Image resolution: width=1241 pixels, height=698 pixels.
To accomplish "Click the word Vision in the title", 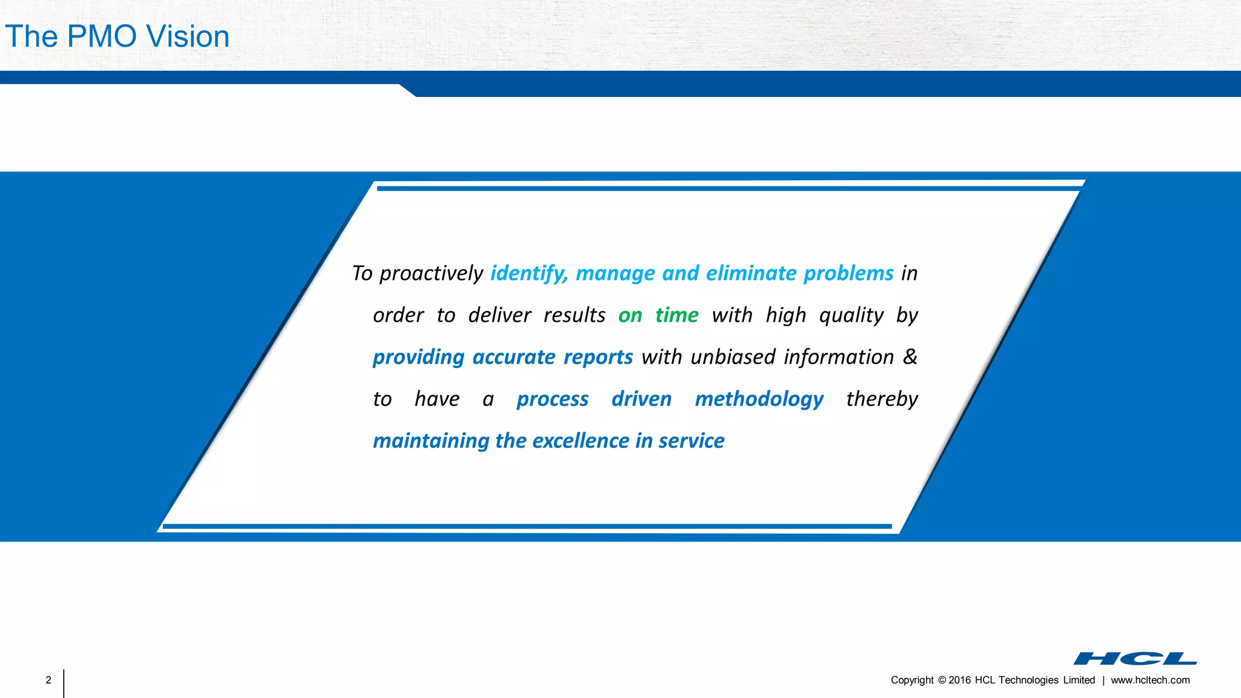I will (188, 36).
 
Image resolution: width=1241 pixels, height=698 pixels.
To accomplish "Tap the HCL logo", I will (1135, 659).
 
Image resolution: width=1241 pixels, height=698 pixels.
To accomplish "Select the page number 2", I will (48, 680).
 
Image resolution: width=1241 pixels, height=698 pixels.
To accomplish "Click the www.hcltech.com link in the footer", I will (1150, 680).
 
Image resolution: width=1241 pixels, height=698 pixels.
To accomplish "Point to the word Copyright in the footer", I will (912, 680).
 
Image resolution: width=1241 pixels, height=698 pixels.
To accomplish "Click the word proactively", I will (431, 273).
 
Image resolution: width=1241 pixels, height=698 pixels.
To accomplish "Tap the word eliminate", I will (751, 273).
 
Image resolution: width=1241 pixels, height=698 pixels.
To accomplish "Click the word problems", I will (848, 273).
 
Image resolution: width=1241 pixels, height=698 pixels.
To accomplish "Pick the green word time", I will (677, 315).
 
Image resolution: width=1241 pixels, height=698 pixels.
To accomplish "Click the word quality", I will (851, 315).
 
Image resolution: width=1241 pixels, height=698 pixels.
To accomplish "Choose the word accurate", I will (513, 357).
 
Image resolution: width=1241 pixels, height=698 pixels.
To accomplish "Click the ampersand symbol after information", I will (910, 356).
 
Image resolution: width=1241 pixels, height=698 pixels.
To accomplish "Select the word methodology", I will (759, 399).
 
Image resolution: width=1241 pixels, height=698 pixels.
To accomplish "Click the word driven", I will (642, 399).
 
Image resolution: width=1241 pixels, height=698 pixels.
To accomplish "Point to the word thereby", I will (882, 399).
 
